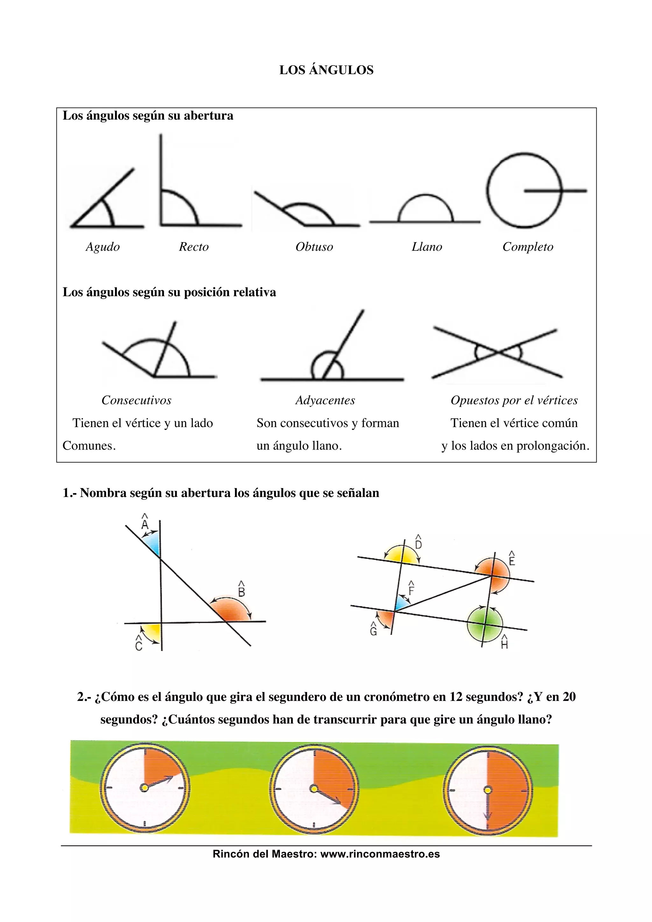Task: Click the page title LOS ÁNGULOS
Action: point(326,70)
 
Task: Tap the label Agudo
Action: point(103,247)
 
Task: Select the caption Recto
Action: point(194,247)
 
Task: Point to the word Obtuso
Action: point(314,247)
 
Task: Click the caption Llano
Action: point(427,247)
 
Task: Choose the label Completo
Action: point(528,247)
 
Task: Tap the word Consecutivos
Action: point(136,400)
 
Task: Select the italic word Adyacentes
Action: point(325,400)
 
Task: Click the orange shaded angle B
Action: point(231,611)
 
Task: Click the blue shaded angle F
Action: point(400,604)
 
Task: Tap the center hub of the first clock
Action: point(144,788)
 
